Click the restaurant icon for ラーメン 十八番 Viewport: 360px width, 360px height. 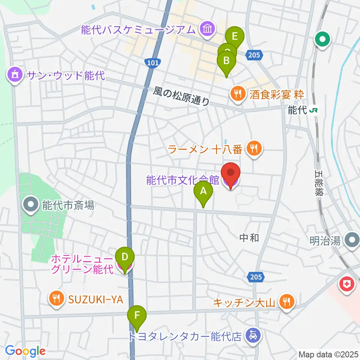coord(254,149)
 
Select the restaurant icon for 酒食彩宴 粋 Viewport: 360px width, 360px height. coord(237,93)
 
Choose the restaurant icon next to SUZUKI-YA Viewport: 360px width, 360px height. coord(56,298)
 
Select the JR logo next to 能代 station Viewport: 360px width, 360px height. coord(315,110)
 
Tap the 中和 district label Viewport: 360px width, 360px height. coord(249,237)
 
